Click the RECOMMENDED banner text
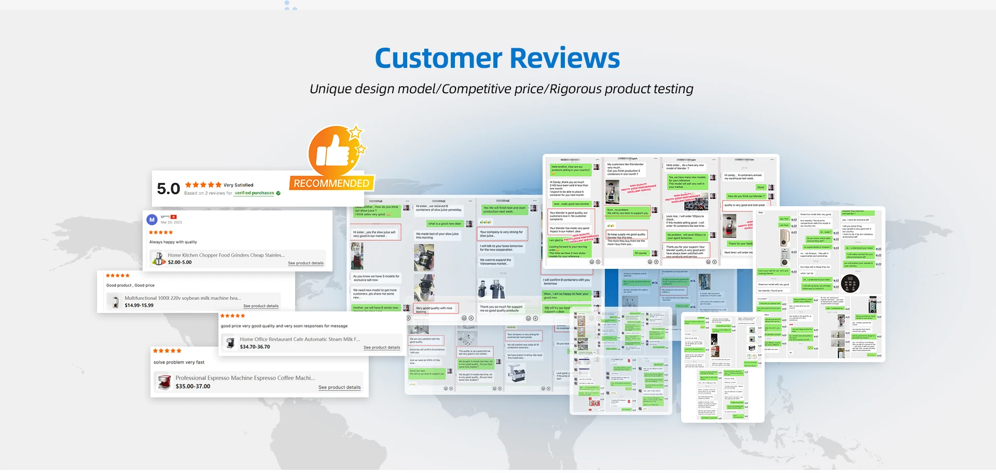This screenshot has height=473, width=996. coord(331,183)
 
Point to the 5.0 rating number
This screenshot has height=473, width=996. coord(168,189)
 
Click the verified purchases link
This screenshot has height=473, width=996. coord(254,193)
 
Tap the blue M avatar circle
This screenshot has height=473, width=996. coord(152,220)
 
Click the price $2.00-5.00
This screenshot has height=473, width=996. coord(179,262)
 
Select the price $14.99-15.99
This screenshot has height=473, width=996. coord(139,305)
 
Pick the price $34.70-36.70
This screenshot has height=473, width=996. coord(255,347)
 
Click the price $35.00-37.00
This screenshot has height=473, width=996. coord(193,386)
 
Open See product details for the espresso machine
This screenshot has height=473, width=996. coord(339,388)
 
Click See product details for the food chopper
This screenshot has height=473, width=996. coord(306,263)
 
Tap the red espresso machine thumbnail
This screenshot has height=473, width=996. coord(164,382)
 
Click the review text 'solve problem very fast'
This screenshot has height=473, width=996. coord(179,362)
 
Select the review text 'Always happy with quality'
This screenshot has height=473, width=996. coord(173,242)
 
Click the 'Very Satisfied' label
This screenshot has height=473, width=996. coord(239,185)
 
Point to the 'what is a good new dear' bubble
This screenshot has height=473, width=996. coord(445,224)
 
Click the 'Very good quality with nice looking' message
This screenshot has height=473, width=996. coord(434,309)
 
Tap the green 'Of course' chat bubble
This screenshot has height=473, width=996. coord(641,253)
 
